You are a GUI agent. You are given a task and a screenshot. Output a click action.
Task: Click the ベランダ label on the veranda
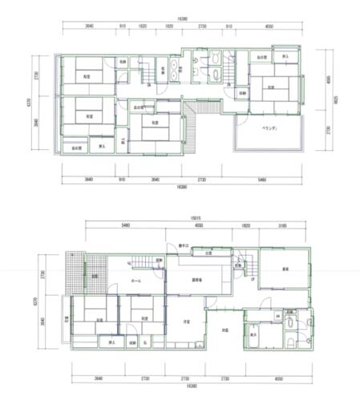click(x=268, y=129)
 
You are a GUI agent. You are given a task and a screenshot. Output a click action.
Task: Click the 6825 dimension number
click(x=335, y=103)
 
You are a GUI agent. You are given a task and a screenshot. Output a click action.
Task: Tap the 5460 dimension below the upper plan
click(x=262, y=179)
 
